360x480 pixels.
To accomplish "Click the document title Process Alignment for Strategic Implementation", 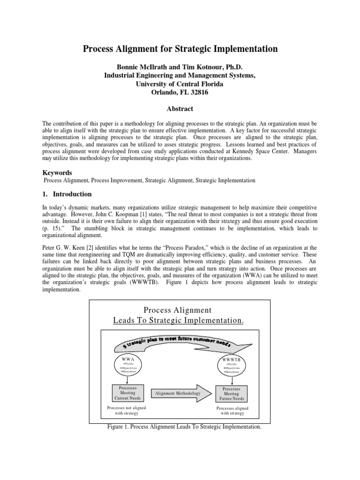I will [x=180, y=49].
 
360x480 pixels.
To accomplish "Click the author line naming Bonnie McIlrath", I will [x=180, y=67].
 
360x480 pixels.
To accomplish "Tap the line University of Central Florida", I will [x=180, y=84].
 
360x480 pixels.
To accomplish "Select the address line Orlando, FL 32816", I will [x=180, y=92].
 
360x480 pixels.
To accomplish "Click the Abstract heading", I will [x=180, y=109].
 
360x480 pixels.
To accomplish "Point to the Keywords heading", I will [x=57, y=172].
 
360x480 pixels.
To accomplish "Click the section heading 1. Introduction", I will [x=67, y=194].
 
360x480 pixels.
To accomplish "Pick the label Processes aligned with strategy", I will [x=232, y=411].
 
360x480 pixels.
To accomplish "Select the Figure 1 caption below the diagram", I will [x=184, y=427].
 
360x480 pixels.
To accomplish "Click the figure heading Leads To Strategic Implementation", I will [x=179, y=320].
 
